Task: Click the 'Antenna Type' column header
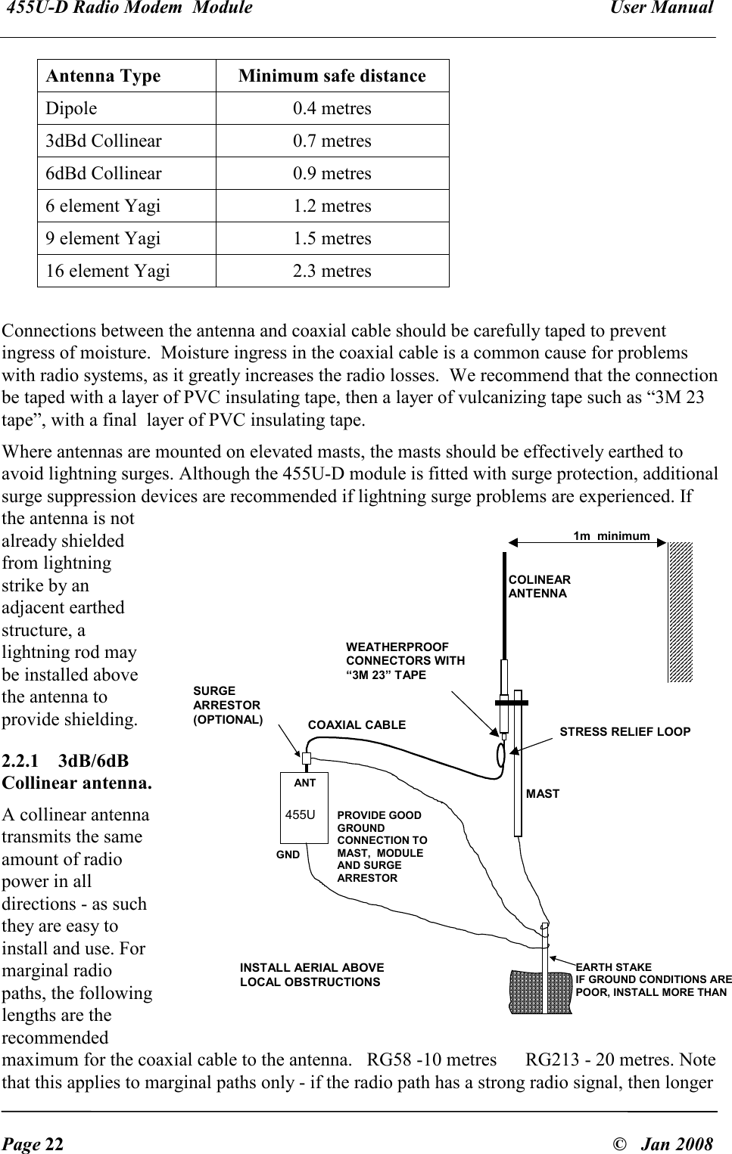(x=103, y=76)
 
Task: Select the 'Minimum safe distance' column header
(x=332, y=76)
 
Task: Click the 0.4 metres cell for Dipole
(x=332, y=109)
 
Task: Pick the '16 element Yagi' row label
(x=108, y=271)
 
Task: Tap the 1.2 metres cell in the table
(x=332, y=206)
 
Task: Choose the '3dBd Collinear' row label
(x=103, y=141)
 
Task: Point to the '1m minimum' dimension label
(x=611, y=536)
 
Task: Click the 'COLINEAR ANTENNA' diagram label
(x=539, y=587)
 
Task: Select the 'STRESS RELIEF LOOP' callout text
(x=625, y=732)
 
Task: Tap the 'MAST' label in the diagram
(x=543, y=794)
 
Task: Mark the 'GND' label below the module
(x=288, y=855)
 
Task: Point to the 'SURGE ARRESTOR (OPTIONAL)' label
(x=228, y=706)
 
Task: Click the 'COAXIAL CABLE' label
(x=357, y=724)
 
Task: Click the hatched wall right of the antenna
(x=680, y=612)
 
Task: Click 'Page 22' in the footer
(x=33, y=1144)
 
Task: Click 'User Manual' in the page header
(x=669, y=8)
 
